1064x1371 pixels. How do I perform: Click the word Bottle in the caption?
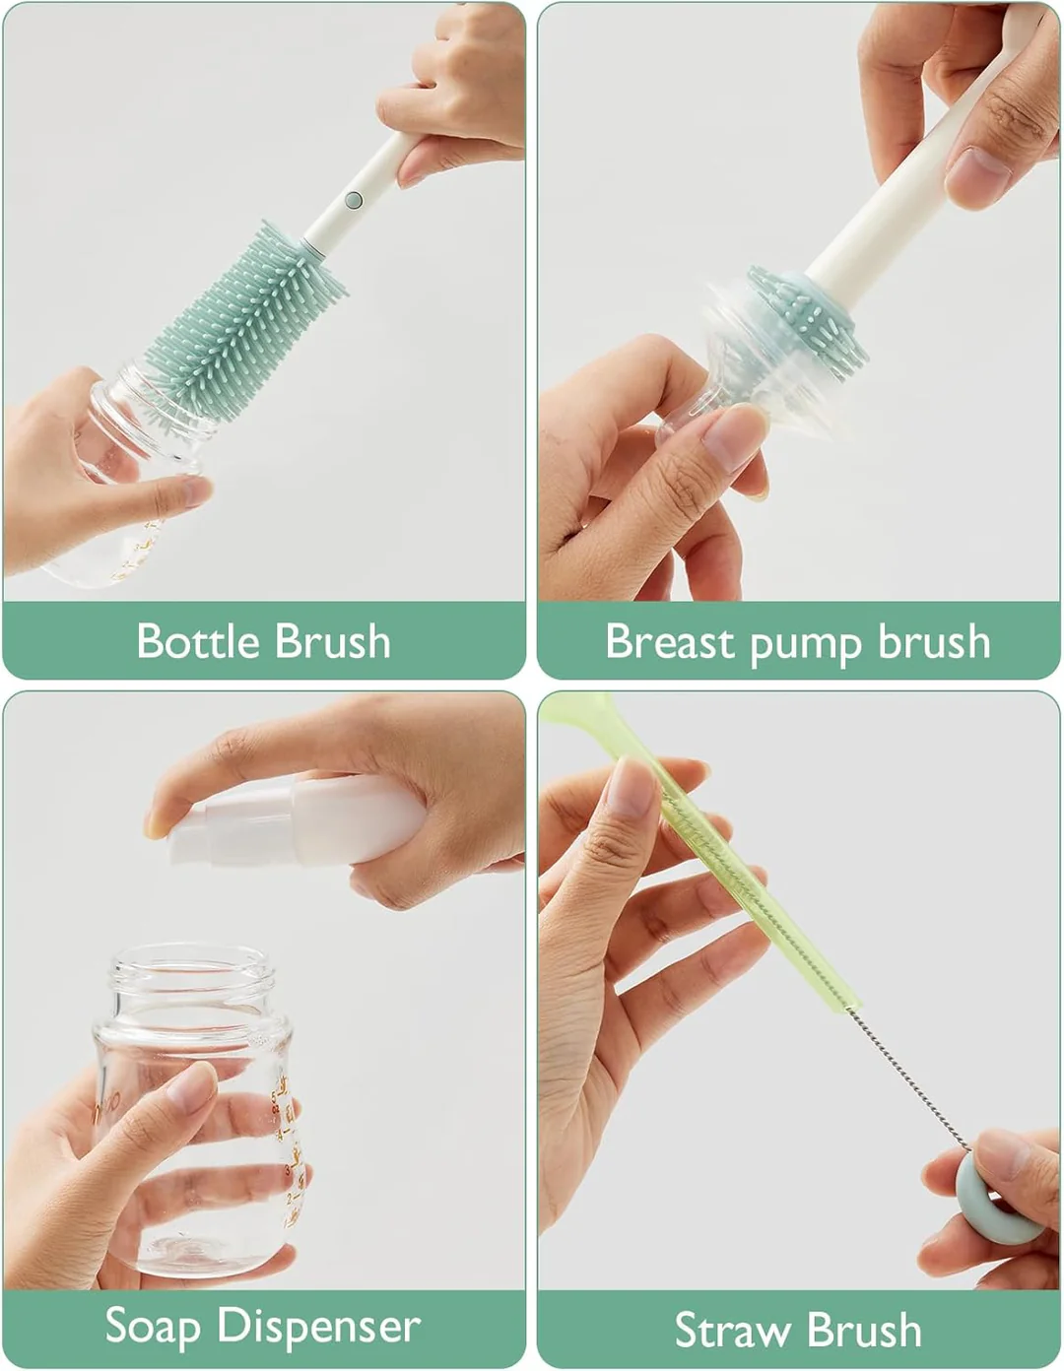pyautogui.click(x=198, y=641)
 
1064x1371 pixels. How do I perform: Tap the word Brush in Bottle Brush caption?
pyautogui.click(x=333, y=641)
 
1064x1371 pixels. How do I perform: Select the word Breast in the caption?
pyautogui.click(x=670, y=641)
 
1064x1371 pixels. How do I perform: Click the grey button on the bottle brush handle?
pyautogui.click(x=354, y=201)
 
